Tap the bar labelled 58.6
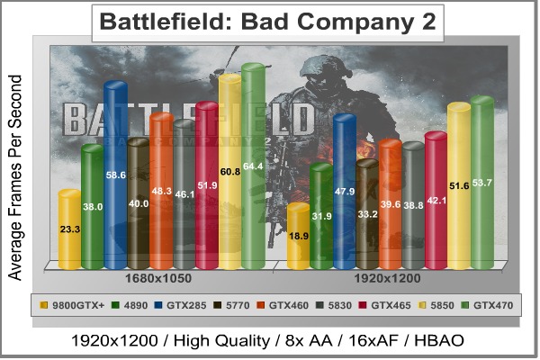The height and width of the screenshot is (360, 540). coord(114,175)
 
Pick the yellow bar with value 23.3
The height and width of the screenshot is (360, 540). coord(69,229)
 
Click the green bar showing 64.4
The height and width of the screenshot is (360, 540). coord(251,166)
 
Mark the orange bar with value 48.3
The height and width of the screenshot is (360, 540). coord(160,191)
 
